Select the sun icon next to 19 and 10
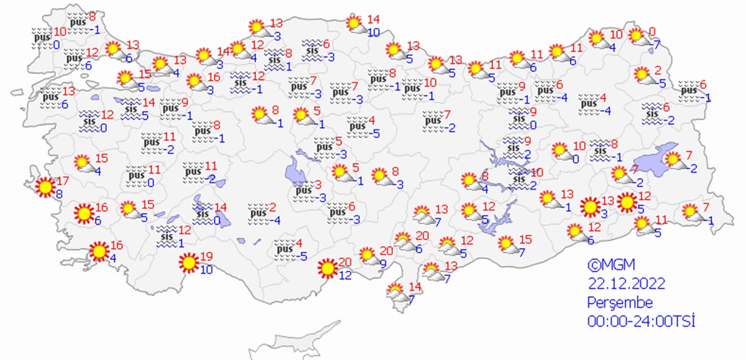coord(188,264)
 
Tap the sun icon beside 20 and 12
coord(326,269)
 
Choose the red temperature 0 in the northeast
coord(653,32)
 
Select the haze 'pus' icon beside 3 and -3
coord(303,190)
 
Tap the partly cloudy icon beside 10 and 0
coord(561,151)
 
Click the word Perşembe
coord(620,303)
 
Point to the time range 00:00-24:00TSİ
coord(640,321)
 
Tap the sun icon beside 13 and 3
coord(590,206)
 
